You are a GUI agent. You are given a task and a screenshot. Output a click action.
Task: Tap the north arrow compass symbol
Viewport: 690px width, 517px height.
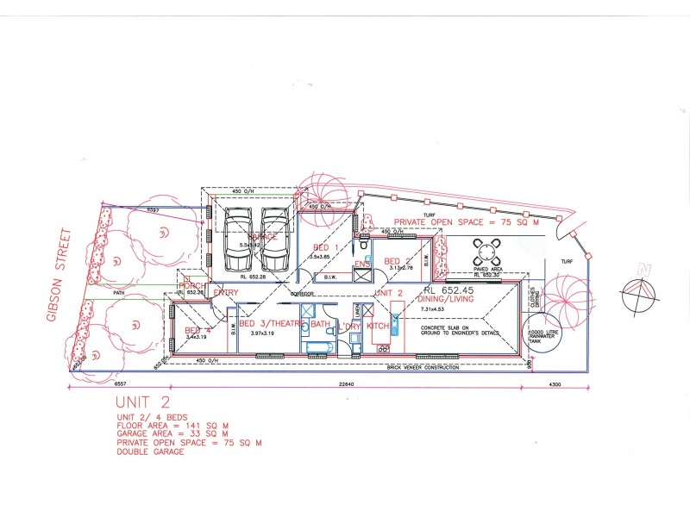(640, 294)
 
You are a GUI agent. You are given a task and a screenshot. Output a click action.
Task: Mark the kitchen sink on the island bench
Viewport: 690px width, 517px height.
(394, 325)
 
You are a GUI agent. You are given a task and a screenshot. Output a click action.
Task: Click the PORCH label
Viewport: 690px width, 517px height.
(191, 285)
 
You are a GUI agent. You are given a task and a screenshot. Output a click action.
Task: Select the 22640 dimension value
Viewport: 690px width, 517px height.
(348, 384)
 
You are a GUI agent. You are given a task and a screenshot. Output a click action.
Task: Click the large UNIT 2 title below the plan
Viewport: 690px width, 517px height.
(144, 403)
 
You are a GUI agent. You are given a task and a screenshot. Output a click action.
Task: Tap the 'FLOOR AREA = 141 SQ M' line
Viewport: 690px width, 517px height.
(173, 426)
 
